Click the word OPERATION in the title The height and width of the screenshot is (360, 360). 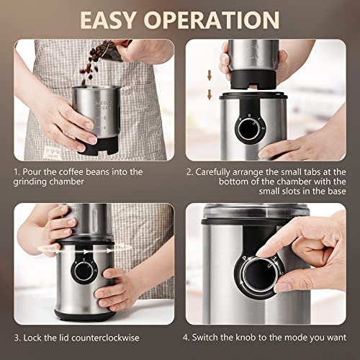220,19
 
